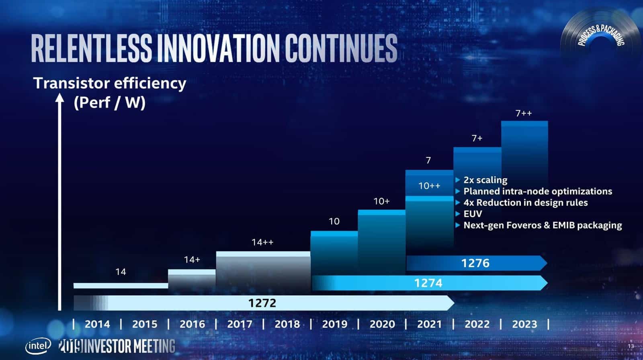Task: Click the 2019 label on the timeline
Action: (334, 324)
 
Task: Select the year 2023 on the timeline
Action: (524, 324)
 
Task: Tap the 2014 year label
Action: (97, 324)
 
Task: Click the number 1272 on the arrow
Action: (262, 303)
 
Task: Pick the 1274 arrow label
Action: (428, 283)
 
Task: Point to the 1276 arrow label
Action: (475, 263)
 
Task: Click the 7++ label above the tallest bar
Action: (524, 114)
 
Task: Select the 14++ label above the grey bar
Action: (262, 242)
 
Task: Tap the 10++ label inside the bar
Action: (429, 186)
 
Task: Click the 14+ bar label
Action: (192, 260)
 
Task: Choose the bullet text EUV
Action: (473, 214)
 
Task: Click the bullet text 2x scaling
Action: (485, 180)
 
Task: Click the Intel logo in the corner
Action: (38, 346)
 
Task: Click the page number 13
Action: (631, 346)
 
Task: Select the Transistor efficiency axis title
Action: (109, 83)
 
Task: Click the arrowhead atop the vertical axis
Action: (59, 98)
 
